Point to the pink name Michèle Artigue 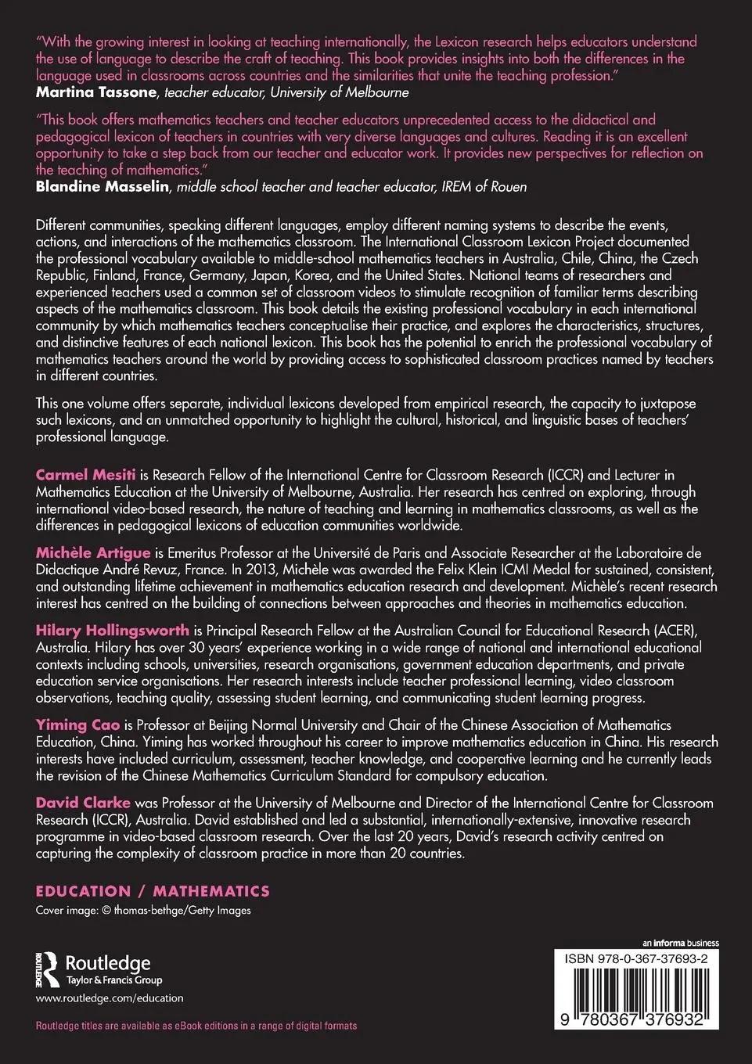[x=93, y=552]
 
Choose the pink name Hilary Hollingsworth [x=113, y=630]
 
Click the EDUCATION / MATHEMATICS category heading [x=153, y=891]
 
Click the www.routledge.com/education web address [x=110, y=998]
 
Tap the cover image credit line [x=143, y=910]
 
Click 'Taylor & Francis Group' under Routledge [x=113, y=980]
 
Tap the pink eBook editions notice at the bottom [x=196, y=1026]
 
